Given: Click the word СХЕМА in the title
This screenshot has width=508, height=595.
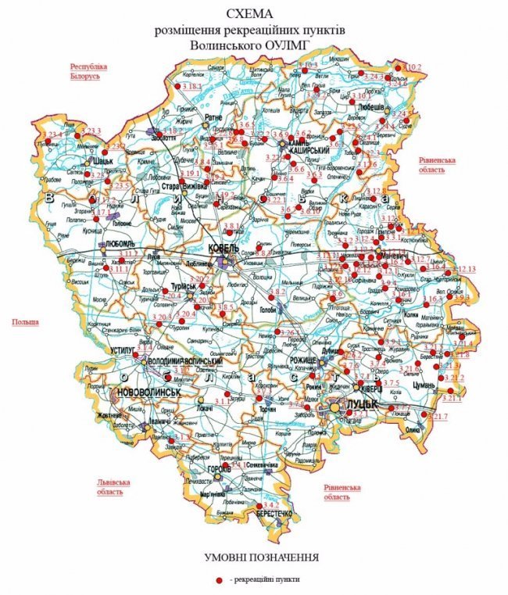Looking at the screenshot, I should pos(254,14).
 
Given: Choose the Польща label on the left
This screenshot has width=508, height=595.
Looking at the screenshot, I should pos(24,322).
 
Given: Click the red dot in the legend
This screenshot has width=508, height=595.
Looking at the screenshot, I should pos(220,579).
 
